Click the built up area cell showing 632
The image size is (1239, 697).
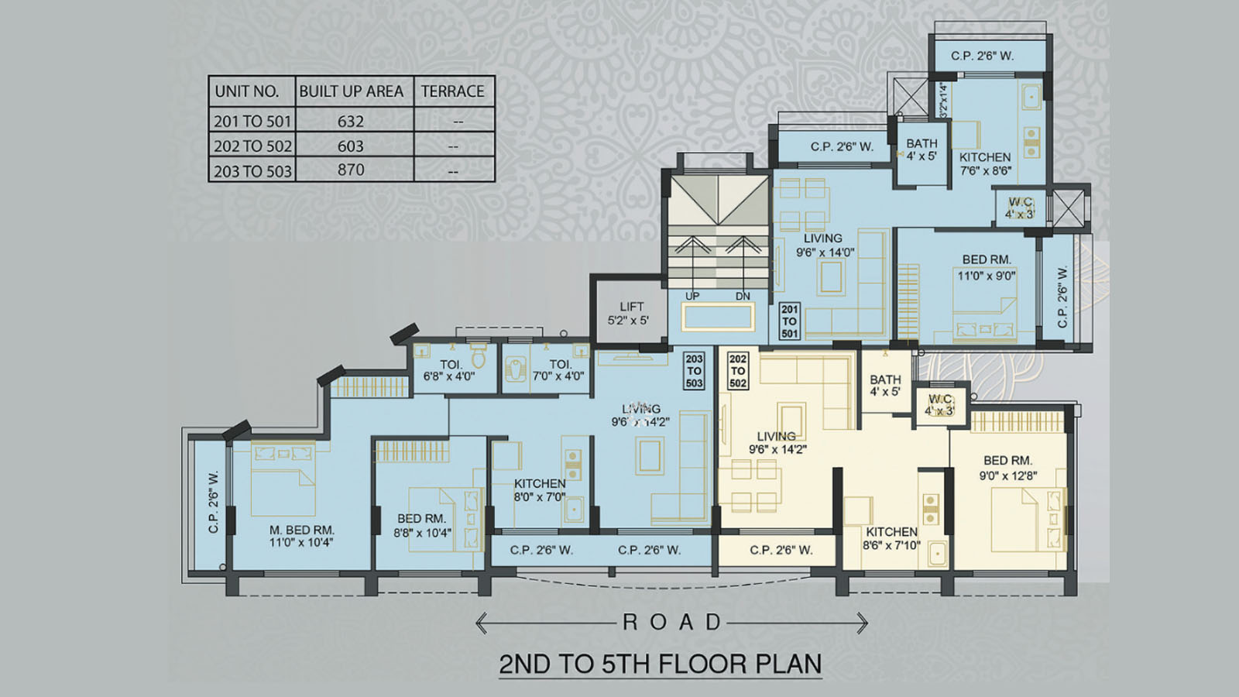tap(351, 122)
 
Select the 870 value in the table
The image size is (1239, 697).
tap(351, 170)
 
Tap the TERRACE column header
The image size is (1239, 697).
tap(453, 91)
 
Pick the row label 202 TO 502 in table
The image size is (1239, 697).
tap(252, 146)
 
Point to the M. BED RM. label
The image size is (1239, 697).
tap(301, 536)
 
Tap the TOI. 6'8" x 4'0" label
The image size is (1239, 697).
tap(449, 370)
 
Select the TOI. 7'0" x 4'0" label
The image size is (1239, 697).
tap(558, 370)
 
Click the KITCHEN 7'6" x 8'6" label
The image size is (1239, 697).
tap(985, 163)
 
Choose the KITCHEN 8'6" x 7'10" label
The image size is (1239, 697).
tap(891, 538)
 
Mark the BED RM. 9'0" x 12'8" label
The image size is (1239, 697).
tap(1007, 468)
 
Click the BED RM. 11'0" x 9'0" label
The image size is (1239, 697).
tap(986, 267)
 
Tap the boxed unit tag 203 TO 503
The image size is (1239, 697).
tap(694, 371)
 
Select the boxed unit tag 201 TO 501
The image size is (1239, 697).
tap(789, 321)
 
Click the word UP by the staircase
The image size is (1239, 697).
tap(692, 296)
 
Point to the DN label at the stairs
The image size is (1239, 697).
tap(743, 296)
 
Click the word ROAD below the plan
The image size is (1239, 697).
tap(671, 622)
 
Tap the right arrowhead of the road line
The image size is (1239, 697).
tap(863, 622)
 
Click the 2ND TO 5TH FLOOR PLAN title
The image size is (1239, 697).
tap(660, 664)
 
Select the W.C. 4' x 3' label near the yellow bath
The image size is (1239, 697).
tap(939, 405)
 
